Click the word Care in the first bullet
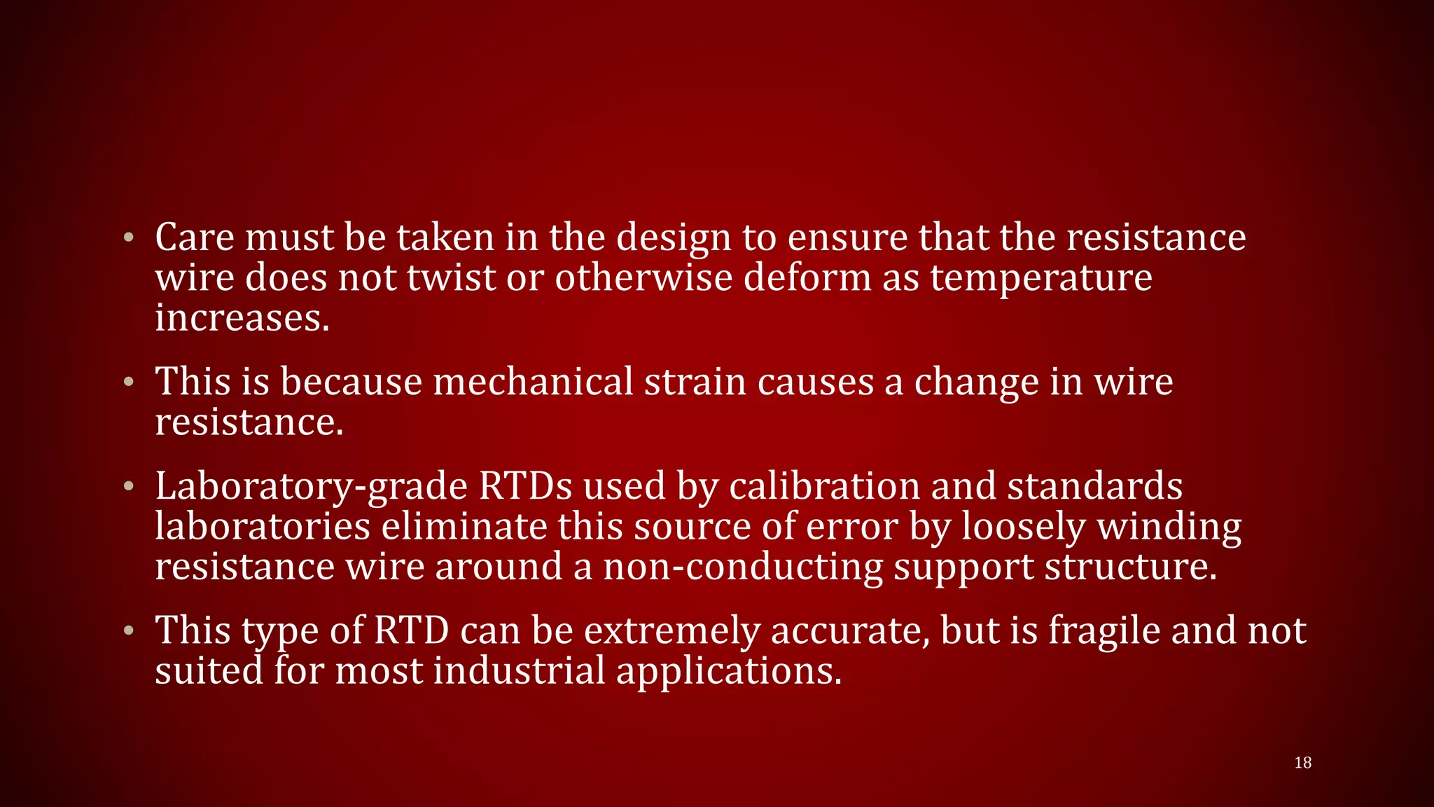pos(195,237)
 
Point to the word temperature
pos(1041,279)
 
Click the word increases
pos(242,318)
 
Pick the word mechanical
pos(533,382)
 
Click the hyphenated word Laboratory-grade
pos(311,487)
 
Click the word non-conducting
pos(743,567)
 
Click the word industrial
pos(519,671)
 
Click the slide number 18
pos(1302,763)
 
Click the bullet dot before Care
pos(127,237)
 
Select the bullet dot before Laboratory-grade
pos(127,486)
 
